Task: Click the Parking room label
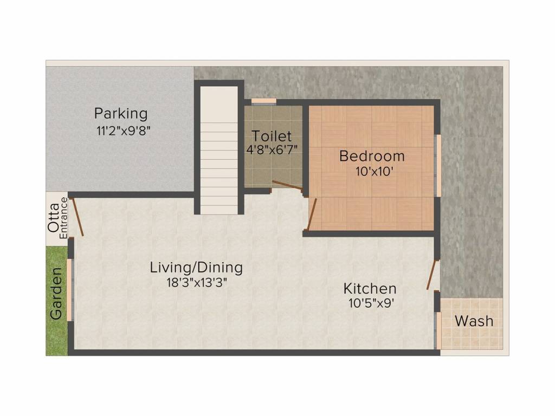pos(120,114)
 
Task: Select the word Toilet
pos(272,136)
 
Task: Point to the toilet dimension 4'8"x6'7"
pos(272,150)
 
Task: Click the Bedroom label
pos(372,156)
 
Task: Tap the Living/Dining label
pos(196,267)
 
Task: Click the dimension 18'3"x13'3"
pos(196,282)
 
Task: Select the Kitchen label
pos(371,288)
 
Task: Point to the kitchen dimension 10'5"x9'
pos(371,303)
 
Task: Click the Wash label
pos(474,321)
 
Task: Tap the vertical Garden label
pos(56,292)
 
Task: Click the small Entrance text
pos(63,218)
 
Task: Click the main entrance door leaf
pos(78,217)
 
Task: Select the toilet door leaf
pos(287,185)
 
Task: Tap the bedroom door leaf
pos(312,214)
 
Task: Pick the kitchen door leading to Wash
pos(431,275)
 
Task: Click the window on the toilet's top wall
pos(264,101)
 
